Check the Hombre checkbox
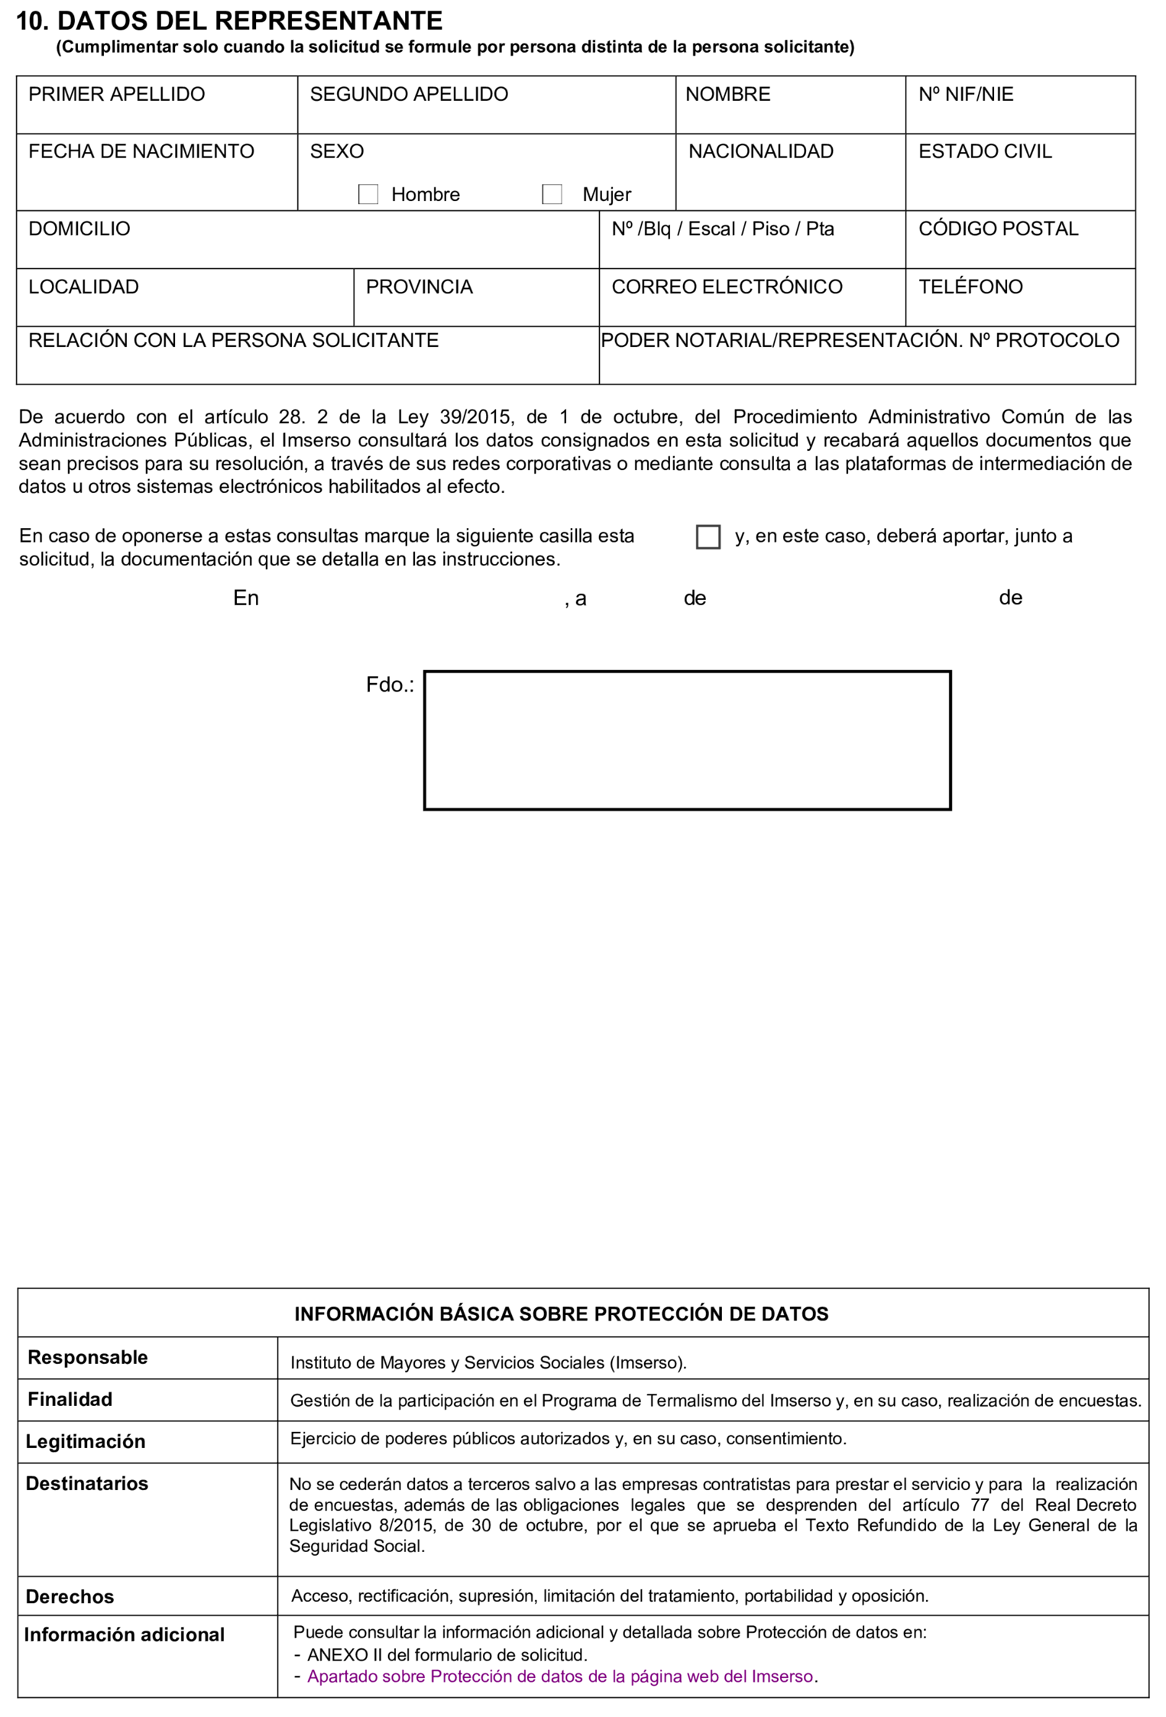(x=368, y=194)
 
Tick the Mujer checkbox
(x=552, y=194)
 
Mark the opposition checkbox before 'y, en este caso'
(x=708, y=537)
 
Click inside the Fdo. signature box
(x=687, y=740)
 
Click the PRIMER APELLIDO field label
(x=117, y=95)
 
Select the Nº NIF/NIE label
(x=966, y=95)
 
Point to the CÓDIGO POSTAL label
(x=998, y=229)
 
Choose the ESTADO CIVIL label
(x=985, y=152)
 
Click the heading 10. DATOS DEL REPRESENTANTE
(x=229, y=20)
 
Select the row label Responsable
(x=88, y=1357)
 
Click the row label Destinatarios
(x=87, y=1484)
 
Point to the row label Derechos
(x=70, y=1596)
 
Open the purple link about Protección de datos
(x=560, y=1676)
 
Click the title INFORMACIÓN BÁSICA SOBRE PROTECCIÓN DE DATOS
(x=562, y=1314)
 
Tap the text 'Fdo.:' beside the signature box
(x=390, y=685)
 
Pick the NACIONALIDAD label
(x=761, y=152)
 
